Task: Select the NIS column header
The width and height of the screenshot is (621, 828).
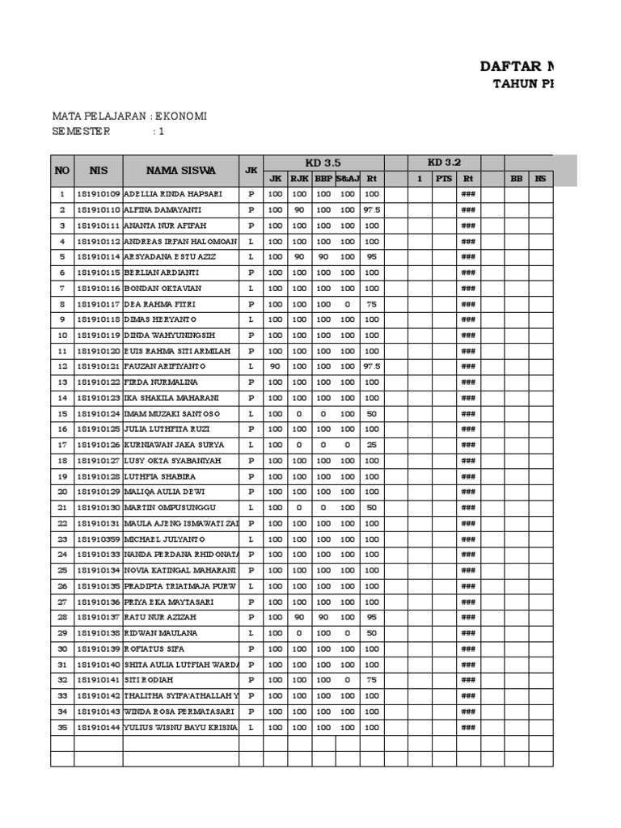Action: (x=98, y=171)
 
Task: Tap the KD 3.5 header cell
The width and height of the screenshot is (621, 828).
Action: (x=323, y=163)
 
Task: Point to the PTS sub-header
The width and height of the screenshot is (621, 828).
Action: (x=444, y=179)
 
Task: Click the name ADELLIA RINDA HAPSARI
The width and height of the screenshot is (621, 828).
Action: (x=173, y=194)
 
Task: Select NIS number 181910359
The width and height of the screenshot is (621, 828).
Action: (x=99, y=539)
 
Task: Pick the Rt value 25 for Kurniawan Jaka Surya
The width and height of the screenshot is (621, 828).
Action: (x=372, y=445)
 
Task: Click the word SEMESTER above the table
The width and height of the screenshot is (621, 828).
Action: (x=82, y=131)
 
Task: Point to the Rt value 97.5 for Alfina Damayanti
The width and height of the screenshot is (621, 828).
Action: (x=372, y=210)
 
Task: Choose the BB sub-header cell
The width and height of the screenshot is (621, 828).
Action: (x=517, y=179)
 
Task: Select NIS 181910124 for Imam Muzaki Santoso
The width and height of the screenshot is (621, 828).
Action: (x=99, y=413)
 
